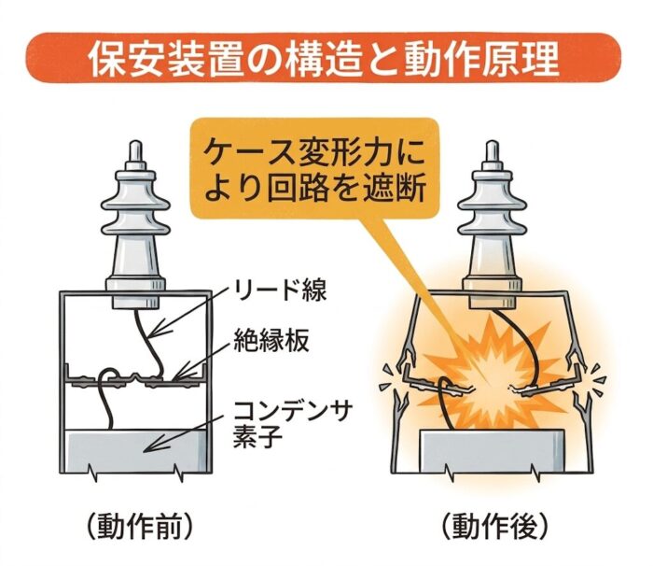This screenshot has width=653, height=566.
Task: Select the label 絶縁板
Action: [271, 341]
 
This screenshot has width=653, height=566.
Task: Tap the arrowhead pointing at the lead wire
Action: [154, 332]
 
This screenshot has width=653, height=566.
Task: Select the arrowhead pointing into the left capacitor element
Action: [149, 449]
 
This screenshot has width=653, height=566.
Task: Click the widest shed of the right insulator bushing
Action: [492, 205]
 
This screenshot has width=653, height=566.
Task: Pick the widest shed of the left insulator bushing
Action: [136, 205]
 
